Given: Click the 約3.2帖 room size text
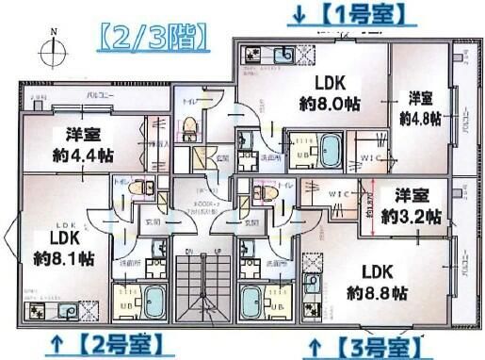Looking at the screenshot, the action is click(x=412, y=216).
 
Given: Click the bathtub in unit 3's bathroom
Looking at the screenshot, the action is click(x=255, y=303).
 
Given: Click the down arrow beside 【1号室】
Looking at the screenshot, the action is click(x=300, y=15).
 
